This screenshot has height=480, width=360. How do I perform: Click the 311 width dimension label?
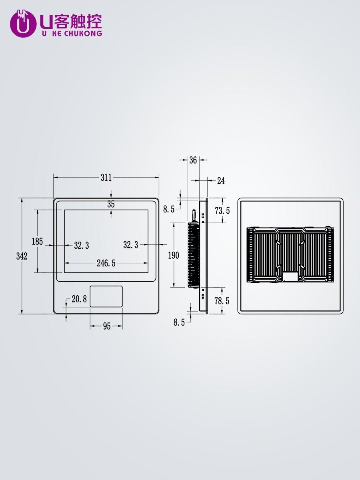point(106,178)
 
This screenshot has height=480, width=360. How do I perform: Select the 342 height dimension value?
point(22,256)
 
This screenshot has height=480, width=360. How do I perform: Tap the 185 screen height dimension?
point(37,242)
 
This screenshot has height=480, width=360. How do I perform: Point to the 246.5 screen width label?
point(106,263)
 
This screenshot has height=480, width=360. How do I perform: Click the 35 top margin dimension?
point(111,204)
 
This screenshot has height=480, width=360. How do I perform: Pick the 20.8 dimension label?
point(79,299)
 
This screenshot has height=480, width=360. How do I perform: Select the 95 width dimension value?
point(107,326)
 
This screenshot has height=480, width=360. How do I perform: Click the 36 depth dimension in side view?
point(193,160)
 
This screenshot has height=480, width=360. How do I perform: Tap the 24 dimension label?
point(221,181)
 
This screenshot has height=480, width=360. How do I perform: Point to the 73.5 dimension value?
point(222,210)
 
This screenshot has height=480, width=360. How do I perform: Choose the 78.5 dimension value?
point(222,301)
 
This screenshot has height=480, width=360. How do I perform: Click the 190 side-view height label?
point(174,255)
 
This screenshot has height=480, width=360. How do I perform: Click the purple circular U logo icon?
point(23,23)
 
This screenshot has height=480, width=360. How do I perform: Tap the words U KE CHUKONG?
point(72,34)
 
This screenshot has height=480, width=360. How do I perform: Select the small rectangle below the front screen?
point(106,296)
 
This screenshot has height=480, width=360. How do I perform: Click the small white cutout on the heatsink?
point(290,277)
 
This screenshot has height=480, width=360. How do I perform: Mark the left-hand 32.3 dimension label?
point(82,245)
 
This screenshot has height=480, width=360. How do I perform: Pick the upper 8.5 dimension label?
point(169,210)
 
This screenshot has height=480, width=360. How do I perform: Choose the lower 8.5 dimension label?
point(179,322)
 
